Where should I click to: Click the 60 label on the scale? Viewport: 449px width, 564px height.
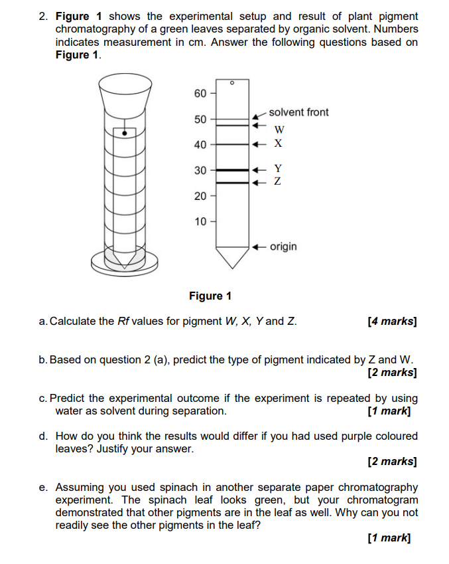[x=200, y=93]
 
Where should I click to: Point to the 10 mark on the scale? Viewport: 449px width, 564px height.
[x=200, y=221]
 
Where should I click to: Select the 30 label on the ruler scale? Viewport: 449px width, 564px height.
[x=200, y=171]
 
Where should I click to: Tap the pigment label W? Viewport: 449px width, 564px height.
[x=279, y=129]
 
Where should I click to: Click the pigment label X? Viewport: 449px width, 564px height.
[x=279, y=143]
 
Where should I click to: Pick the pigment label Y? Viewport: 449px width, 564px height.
[x=278, y=169]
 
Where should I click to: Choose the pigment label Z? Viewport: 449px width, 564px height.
[x=278, y=181]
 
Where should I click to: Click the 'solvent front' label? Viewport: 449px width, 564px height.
[x=298, y=112]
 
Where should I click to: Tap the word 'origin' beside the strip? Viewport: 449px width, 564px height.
[x=283, y=246]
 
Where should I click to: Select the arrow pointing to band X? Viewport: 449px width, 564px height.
[x=259, y=143]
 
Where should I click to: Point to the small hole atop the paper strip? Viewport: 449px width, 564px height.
[x=231, y=83]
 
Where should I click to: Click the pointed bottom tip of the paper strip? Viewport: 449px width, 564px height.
[x=231, y=266]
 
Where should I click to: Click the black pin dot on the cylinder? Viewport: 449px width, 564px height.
[x=124, y=133]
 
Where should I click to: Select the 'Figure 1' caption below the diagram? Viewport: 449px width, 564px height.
[x=210, y=296]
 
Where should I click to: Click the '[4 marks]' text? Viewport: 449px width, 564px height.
[x=392, y=322]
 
